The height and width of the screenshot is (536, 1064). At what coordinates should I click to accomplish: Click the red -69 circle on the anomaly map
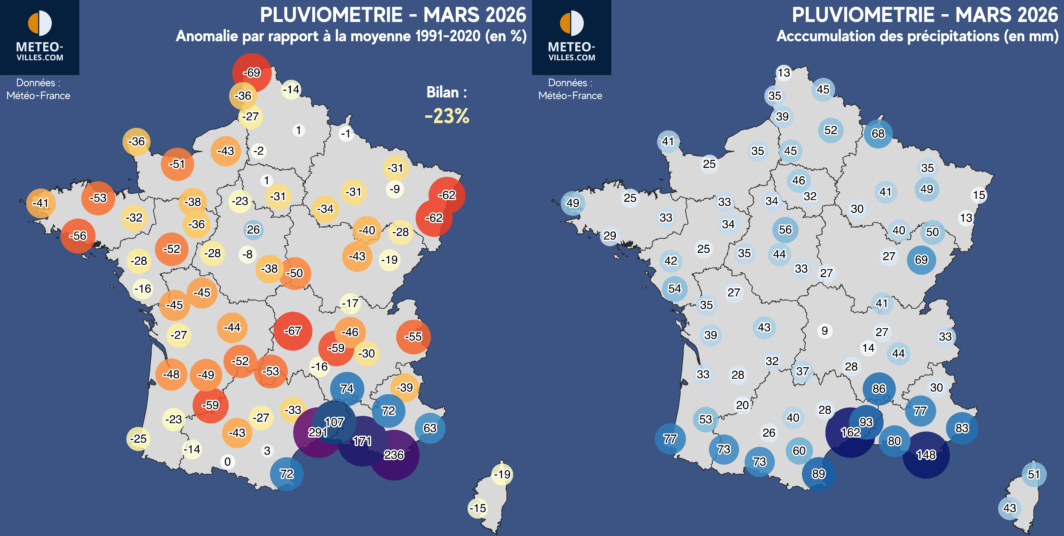[252, 73]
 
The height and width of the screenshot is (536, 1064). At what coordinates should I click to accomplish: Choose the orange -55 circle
[413, 337]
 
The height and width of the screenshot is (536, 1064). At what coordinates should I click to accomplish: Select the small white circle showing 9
[824, 331]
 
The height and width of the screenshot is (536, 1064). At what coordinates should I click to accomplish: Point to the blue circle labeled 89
[818, 474]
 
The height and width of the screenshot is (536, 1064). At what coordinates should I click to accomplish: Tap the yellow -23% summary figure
[447, 116]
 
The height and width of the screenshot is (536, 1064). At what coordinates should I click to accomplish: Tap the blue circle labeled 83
[961, 428]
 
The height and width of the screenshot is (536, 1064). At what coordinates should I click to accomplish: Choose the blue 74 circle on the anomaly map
[347, 389]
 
